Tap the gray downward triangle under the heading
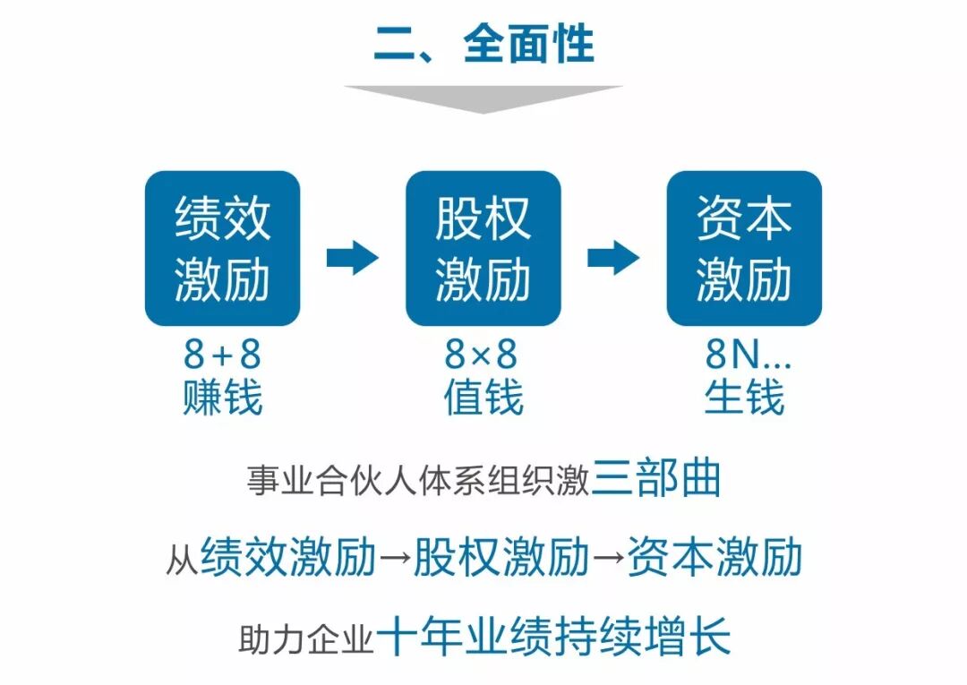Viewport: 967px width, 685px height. point(483,98)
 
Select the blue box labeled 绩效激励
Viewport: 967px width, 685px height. point(222,248)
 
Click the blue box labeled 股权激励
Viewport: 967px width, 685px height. point(483,248)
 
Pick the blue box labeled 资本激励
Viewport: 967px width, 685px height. point(744,248)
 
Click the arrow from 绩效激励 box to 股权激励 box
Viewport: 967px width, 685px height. point(353,258)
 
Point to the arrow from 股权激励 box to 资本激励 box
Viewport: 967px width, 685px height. point(613,258)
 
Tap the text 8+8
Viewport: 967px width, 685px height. point(222,355)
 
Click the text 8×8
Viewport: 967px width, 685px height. point(482,355)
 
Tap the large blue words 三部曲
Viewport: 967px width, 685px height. point(656,479)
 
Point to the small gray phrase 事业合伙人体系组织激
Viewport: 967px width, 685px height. point(418,483)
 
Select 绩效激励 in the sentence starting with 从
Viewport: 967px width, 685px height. point(288,558)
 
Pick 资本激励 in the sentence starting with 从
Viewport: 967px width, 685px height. point(714,558)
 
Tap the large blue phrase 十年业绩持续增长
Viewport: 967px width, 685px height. point(553,637)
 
